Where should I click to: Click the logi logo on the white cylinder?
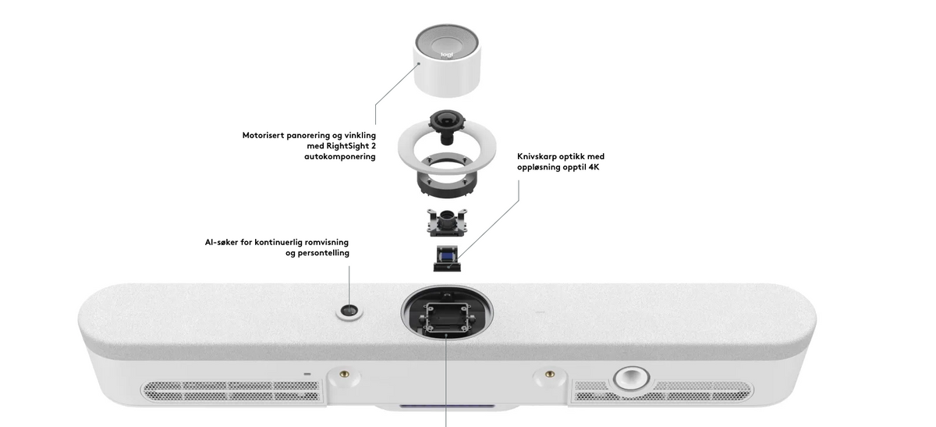[x=447, y=55]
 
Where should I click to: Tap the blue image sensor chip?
[x=447, y=254]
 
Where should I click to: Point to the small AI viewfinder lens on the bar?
[x=349, y=311]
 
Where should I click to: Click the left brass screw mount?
[x=344, y=373]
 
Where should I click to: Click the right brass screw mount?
[x=550, y=373]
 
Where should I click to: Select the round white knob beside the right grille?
[x=631, y=379]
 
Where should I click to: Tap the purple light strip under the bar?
[x=447, y=406]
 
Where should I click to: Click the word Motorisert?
[x=264, y=136]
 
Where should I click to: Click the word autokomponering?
[x=340, y=157]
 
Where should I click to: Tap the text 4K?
[x=594, y=167]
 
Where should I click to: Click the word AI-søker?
[x=222, y=243]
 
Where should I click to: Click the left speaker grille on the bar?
[x=232, y=391]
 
